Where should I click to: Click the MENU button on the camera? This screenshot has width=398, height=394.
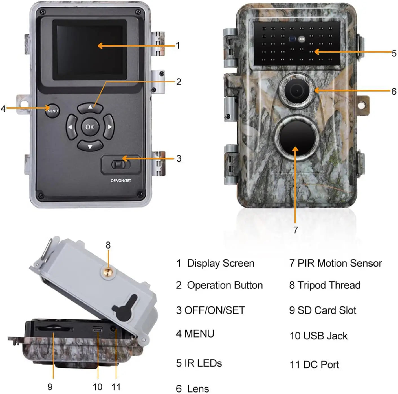(52, 111)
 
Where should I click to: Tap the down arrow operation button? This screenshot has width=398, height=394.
(90, 146)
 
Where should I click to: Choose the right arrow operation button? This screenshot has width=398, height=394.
(109, 127)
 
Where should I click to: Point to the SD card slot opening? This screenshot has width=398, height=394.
(54, 329)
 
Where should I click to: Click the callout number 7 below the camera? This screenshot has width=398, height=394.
(295, 230)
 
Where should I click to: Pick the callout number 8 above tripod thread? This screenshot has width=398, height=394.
(108, 245)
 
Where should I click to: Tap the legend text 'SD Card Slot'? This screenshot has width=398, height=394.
(327, 310)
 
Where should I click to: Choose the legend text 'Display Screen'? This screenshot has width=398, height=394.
(221, 263)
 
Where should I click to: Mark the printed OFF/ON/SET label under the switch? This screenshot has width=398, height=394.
(121, 180)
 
